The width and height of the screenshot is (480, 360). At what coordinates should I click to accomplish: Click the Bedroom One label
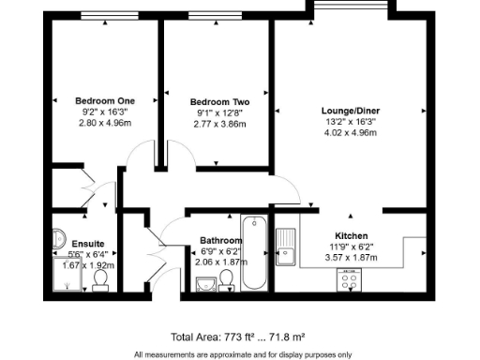tap(105, 100)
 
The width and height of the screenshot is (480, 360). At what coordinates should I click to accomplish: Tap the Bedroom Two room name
tap(219, 101)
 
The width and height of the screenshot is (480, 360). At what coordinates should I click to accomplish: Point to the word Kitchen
tap(352, 235)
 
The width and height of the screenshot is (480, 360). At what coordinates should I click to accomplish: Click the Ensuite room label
tap(62, 243)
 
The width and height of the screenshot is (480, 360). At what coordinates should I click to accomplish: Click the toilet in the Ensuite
tap(100, 280)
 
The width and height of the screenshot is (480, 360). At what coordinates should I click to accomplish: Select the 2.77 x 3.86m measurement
tap(219, 124)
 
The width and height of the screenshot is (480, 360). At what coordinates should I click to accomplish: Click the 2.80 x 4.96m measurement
tap(105, 123)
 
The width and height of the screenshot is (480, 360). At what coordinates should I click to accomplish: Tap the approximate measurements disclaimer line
tap(243, 354)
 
